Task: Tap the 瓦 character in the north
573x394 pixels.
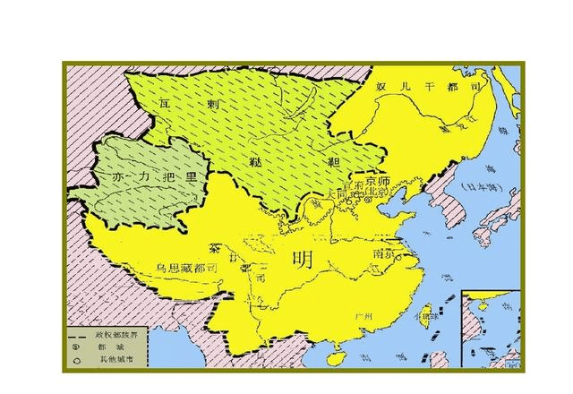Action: pos(163,104)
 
